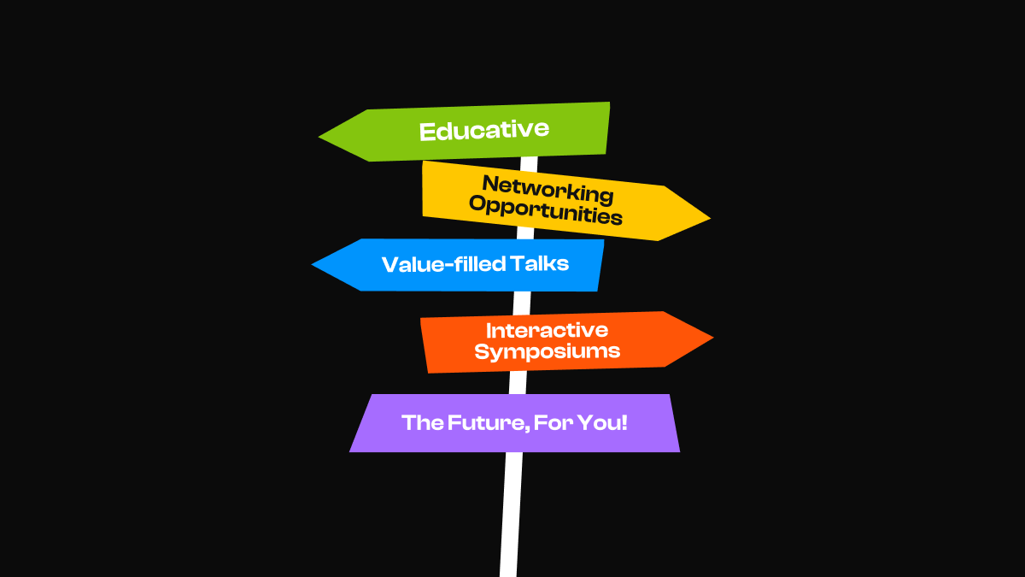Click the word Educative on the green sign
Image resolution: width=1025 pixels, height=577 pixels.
click(483, 131)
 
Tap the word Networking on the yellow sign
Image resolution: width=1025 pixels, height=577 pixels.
click(547, 189)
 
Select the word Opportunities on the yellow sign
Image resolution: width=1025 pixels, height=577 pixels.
click(546, 210)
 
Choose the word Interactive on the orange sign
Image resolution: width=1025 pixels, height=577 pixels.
click(547, 330)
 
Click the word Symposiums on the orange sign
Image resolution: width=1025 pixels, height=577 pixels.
click(547, 350)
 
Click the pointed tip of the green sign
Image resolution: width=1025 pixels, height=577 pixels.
click(321, 136)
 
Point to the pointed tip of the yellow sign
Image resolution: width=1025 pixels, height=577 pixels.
click(708, 218)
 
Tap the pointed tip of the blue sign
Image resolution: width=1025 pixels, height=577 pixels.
click(314, 265)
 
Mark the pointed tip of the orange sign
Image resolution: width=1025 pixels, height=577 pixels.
click(712, 339)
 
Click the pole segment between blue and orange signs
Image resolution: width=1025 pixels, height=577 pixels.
click(522, 303)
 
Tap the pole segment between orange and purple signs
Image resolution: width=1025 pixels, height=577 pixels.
click(518, 383)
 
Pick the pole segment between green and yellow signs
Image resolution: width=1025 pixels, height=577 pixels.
click(530, 162)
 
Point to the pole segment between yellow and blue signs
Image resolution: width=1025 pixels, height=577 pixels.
click(525, 233)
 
